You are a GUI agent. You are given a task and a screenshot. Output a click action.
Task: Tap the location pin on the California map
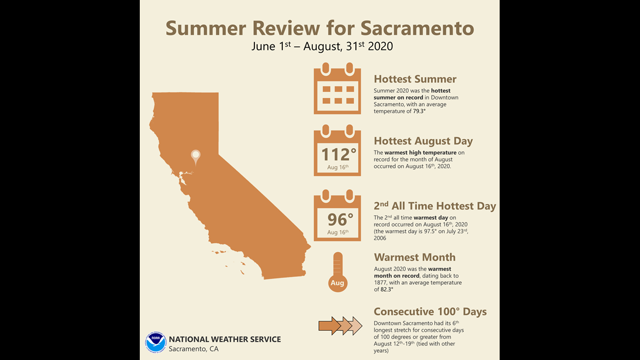pos(196,157)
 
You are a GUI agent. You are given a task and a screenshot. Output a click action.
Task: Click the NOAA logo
pos(156,342)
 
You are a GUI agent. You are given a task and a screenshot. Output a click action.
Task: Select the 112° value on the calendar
pos(339,154)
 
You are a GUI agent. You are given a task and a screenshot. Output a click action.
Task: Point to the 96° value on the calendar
pos(340,220)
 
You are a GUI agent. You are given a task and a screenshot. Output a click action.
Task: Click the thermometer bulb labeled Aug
pos(337,283)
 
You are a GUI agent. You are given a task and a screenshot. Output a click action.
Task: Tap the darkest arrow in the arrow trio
pos(330,326)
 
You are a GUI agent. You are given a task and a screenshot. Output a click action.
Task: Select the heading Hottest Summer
pos(415,79)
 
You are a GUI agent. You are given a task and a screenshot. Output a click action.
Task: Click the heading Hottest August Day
pos(423,141)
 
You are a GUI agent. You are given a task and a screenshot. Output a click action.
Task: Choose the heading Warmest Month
pos(415,257)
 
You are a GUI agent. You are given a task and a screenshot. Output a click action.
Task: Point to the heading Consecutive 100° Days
pos(430,312)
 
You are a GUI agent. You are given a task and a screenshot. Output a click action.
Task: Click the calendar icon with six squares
pos(337,89)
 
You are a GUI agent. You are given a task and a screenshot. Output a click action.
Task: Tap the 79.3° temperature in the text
pos(419,111)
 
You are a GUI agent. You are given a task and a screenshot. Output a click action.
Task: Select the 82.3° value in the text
pos(387,289)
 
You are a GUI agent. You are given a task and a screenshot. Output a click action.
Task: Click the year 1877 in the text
pos(381,282)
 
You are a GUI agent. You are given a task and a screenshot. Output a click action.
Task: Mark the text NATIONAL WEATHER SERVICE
pos(225,339)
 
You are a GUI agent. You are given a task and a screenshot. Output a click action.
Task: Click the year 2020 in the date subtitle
pos(381,46)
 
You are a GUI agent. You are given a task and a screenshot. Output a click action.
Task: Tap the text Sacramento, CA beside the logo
pos(194,349)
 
